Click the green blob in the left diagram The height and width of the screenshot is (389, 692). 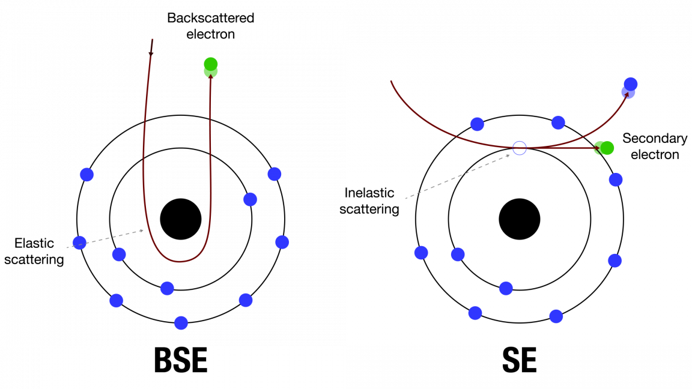click(211, 67)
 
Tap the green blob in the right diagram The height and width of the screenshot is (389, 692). click(604, 148)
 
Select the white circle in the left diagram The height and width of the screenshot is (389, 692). click(181, 219)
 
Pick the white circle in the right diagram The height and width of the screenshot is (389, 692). click(520, 219)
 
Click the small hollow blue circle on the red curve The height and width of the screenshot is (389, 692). click(520, 148)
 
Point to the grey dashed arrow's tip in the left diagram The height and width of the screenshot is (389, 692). click(143, 230)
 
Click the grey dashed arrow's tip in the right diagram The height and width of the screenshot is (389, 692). click(509, 155)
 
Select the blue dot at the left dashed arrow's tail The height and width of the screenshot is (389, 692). click(79, 243)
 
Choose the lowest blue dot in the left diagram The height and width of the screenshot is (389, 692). click(181, 323)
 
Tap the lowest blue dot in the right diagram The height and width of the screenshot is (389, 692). click(556, 316)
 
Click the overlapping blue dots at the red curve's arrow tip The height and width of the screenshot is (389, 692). click(630, 88)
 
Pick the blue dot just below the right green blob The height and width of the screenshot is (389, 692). click(616, 179)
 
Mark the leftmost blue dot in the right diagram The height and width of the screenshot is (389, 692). click(421, 253)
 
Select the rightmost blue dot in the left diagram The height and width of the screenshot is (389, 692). click(282, 242)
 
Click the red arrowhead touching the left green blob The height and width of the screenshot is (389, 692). click(211, 79)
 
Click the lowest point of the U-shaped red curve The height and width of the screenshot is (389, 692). click(180, 261)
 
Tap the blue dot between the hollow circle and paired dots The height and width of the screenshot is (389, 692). click(558, 122)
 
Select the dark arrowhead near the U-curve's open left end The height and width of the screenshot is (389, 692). click(150, 53)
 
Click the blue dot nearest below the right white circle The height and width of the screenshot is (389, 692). click(506, 289)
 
